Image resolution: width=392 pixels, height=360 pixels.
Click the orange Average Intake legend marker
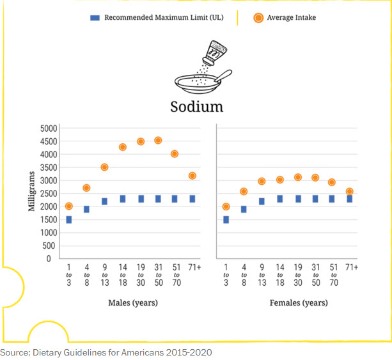coord(259,18)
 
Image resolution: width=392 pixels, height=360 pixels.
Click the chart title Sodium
coord(196,106)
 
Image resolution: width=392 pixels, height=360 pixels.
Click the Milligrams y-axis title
coord(31,192)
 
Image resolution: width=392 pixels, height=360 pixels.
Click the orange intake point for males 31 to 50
coord(158,141)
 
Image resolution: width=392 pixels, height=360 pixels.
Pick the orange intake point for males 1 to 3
coord(68,206)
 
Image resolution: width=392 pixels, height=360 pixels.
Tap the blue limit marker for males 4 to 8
coord(86,209)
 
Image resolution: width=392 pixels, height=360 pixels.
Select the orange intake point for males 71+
coord(192,175)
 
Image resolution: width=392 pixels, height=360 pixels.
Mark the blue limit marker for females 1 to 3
coord(226,220)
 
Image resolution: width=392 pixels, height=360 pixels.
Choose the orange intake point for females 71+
coord(349,191)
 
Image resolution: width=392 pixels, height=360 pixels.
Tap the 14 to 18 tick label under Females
coord(279,274)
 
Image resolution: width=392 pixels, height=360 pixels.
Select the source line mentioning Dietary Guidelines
coord(106,352)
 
